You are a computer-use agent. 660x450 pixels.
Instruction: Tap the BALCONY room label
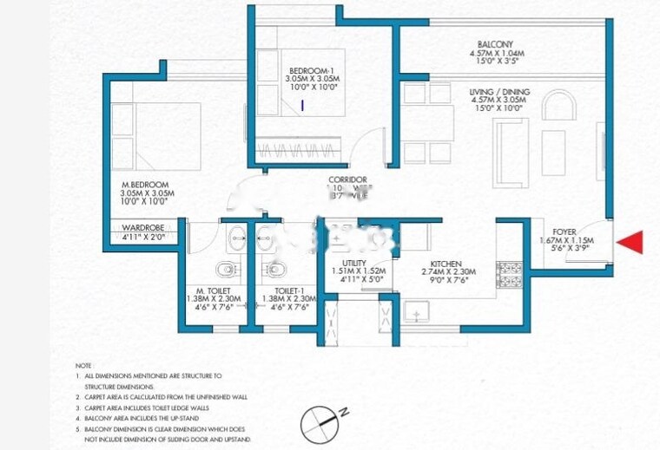pos(495,44)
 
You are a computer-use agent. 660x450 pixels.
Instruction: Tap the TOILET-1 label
pos(289,290)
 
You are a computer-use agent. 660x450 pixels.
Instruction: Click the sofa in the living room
pos(510,152)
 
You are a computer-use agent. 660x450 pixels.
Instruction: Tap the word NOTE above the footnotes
pos(83,366)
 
